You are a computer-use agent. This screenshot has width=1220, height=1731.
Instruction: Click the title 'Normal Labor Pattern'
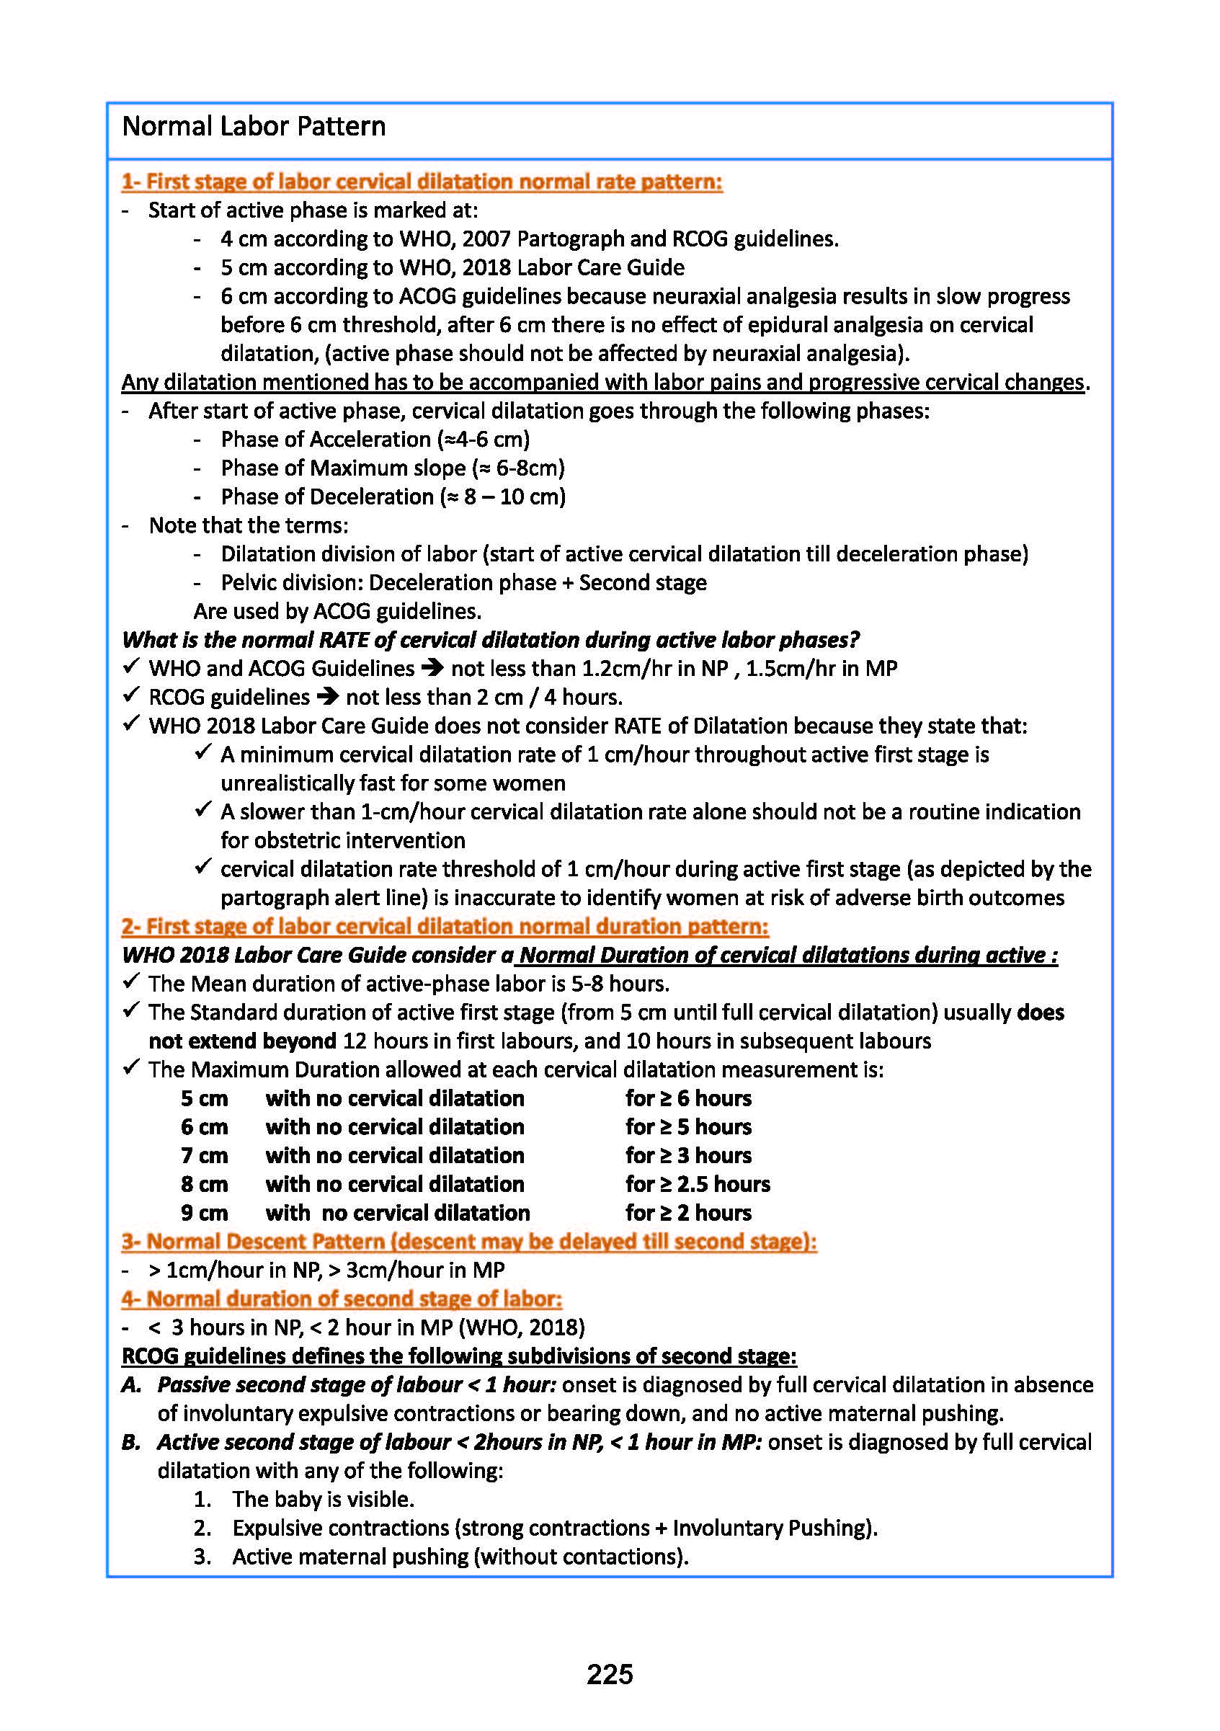point(254,127)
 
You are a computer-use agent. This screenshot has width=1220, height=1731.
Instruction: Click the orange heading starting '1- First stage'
point(422,182)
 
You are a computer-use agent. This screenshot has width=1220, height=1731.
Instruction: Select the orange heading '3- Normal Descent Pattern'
point(468,1241)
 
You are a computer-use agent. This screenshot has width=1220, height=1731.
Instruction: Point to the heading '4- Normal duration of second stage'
point(342,1299)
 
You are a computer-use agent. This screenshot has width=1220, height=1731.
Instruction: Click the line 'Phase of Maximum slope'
point(392,468)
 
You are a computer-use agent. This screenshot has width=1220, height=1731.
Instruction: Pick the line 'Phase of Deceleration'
point(393,497)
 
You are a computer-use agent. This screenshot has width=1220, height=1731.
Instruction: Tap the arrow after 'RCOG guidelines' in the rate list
point(327,697)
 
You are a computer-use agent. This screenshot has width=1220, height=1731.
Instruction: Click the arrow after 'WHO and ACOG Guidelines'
point(432,668)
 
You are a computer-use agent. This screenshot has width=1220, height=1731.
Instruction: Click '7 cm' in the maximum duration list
point(204,1155)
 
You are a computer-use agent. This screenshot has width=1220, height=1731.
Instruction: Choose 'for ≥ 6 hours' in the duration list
point(687,1098)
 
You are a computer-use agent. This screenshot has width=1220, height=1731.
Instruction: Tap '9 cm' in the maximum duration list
point(204,1212)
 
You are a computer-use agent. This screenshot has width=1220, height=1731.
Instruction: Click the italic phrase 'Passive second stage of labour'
point(309,1384)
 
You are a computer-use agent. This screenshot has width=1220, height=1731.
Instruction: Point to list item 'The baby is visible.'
point(323,1499)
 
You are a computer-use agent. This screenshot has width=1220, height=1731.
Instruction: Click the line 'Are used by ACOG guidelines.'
point(337,610)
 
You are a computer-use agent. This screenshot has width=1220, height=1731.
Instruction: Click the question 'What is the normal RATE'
point(490,639)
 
